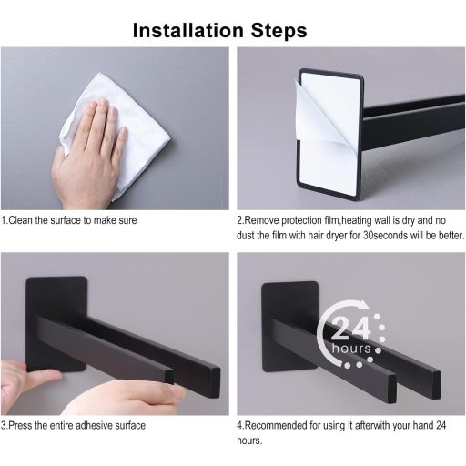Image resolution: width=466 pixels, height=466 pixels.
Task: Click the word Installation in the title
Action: (x=188, y=30)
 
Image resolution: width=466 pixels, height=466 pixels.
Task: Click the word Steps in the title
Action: (x=279, y=30)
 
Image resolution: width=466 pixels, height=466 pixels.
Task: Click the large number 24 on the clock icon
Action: (x=351, y=329)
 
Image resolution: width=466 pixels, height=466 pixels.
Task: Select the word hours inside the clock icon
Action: (x=351, y=349)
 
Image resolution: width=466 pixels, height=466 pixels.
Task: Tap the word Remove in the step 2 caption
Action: (x=261, y=220)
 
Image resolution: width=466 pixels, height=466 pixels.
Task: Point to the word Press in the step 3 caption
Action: (x=20, y=425)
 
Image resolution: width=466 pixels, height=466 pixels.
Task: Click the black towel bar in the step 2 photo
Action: (x=414, y=123)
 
